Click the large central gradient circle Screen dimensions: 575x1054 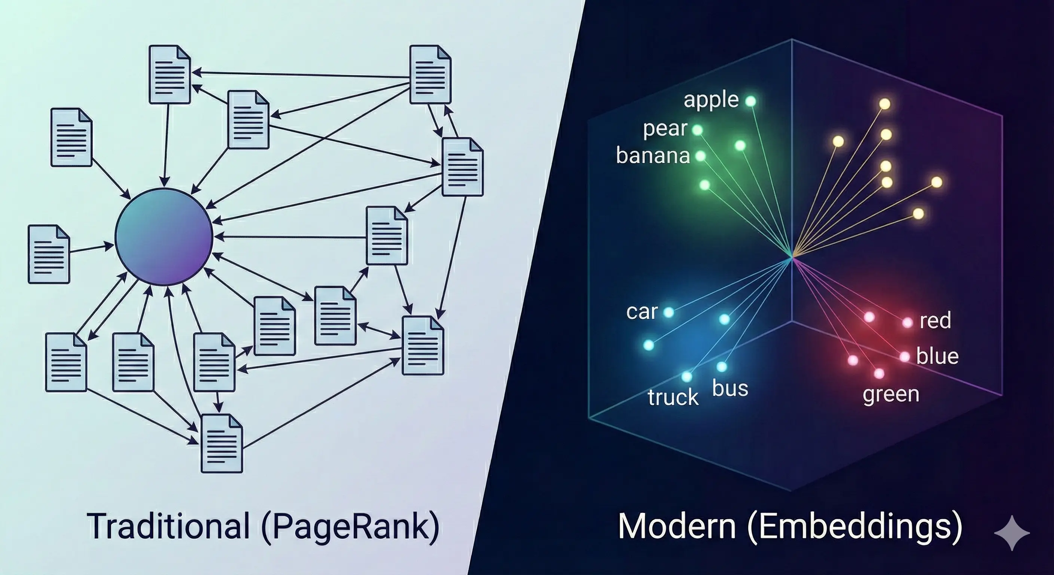[x=164, y=237]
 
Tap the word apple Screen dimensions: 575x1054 [x=711, y=100]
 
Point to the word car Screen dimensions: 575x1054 [x=642, y=312]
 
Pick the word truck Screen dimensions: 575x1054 [x=673, y=397]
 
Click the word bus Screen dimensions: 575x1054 [x=730, y=388]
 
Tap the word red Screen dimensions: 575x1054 [x=935, y=320]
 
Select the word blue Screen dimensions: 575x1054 [x=937, y=356]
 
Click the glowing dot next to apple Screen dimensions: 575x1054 [x=750, y=101]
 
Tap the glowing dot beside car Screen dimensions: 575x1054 [x=668, y=313]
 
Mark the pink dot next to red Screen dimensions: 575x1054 [x=908, y=322]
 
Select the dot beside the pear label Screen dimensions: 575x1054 [x=697, y=131]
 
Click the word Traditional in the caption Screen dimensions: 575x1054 [x=168, y=526]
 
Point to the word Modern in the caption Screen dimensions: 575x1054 [x=677, y=526]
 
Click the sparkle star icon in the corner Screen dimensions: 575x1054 [x=1012, y=532]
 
